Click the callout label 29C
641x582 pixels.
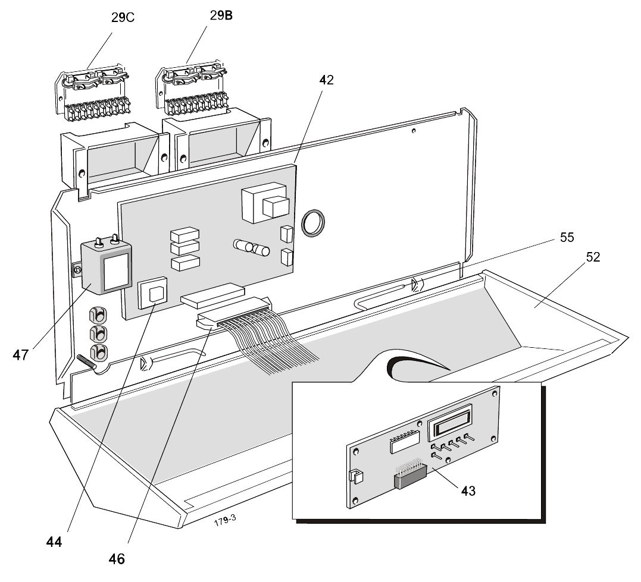click(123, 17)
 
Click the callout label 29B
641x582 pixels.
click(221, 16)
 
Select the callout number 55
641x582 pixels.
click(566, 237)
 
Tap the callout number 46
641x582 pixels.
click(117, 558)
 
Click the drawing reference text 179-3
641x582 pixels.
click(226, 518)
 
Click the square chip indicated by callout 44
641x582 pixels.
click(154, 294)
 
